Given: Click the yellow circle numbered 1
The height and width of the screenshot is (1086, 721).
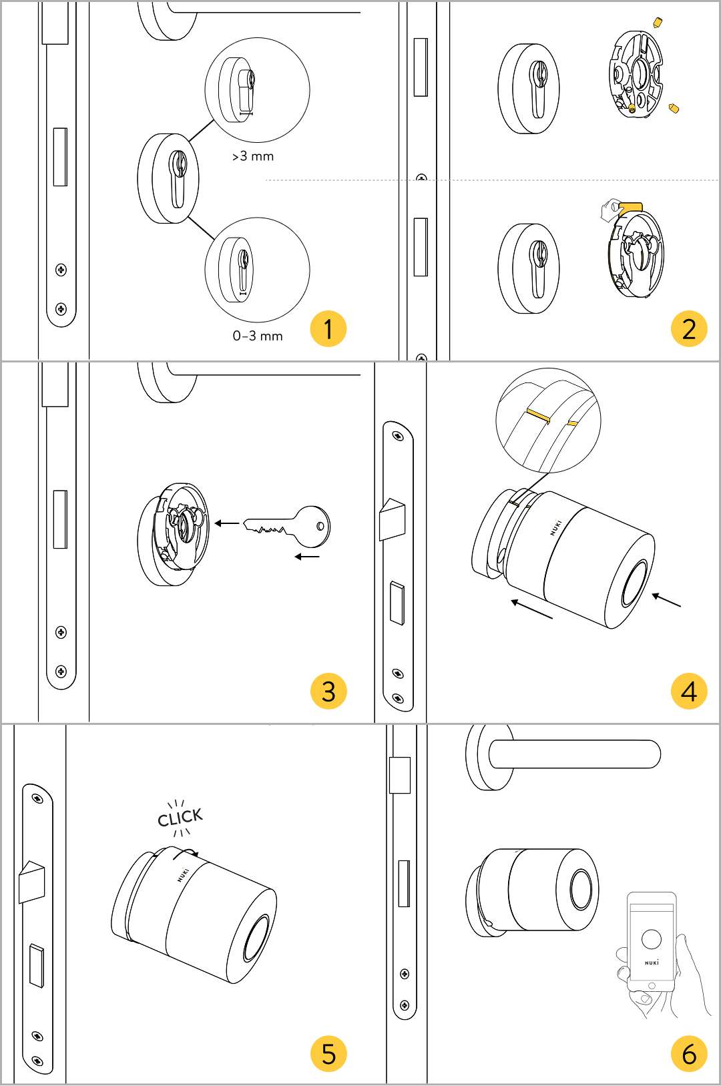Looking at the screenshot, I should point(328,328).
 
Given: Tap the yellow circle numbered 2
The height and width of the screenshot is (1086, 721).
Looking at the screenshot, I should point(689,328).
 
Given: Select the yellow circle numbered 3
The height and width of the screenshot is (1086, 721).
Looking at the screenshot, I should point(328,691).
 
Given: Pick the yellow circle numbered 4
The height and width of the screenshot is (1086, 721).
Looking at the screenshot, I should point(689,691).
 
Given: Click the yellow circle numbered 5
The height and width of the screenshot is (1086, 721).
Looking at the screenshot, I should point(328,1053).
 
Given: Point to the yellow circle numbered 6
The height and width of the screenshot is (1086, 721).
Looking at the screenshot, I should point(689,1053).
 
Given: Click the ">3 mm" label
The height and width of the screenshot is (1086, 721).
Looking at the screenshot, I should point(253,156).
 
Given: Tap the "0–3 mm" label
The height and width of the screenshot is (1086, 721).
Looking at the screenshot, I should point(258,336).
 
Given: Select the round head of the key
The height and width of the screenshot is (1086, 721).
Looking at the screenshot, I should point(313,525).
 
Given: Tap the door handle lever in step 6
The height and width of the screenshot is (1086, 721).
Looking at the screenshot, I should point(574,754).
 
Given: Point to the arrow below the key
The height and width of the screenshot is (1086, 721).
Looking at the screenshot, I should point(307,556).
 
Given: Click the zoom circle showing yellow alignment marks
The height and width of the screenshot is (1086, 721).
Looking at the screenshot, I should point(548,421).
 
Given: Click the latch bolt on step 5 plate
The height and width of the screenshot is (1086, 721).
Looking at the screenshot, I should point(32,881).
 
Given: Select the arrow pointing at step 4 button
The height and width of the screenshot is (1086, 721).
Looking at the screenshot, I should point(666,599).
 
